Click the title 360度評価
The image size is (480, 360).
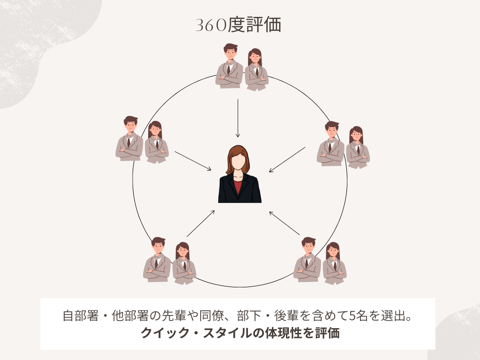pos(238,26)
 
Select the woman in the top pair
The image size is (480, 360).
pos(256,70)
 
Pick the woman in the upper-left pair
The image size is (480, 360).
pos(156,143)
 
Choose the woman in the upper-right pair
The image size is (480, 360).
pos(358,148)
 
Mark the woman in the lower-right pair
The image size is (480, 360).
pos(334,264)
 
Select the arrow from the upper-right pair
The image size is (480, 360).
pos(287,160)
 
